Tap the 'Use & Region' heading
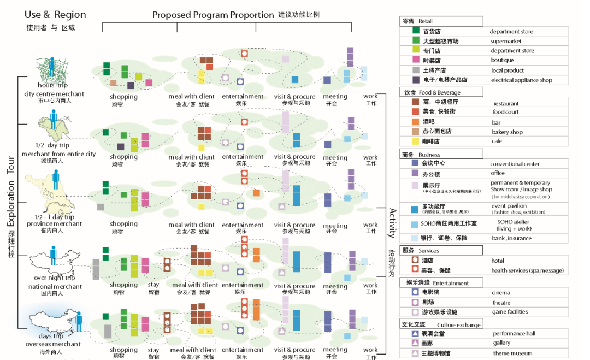point(55,15)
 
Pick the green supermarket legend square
point(416,40)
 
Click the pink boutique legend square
point(416,60)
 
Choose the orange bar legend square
point(416,121)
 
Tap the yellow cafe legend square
point(416,140)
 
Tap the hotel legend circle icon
point(416,261)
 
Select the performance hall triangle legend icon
point(416,333)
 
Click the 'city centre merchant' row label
point(54,93)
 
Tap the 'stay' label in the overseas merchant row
point(154,350)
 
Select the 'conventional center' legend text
point(515,164)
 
